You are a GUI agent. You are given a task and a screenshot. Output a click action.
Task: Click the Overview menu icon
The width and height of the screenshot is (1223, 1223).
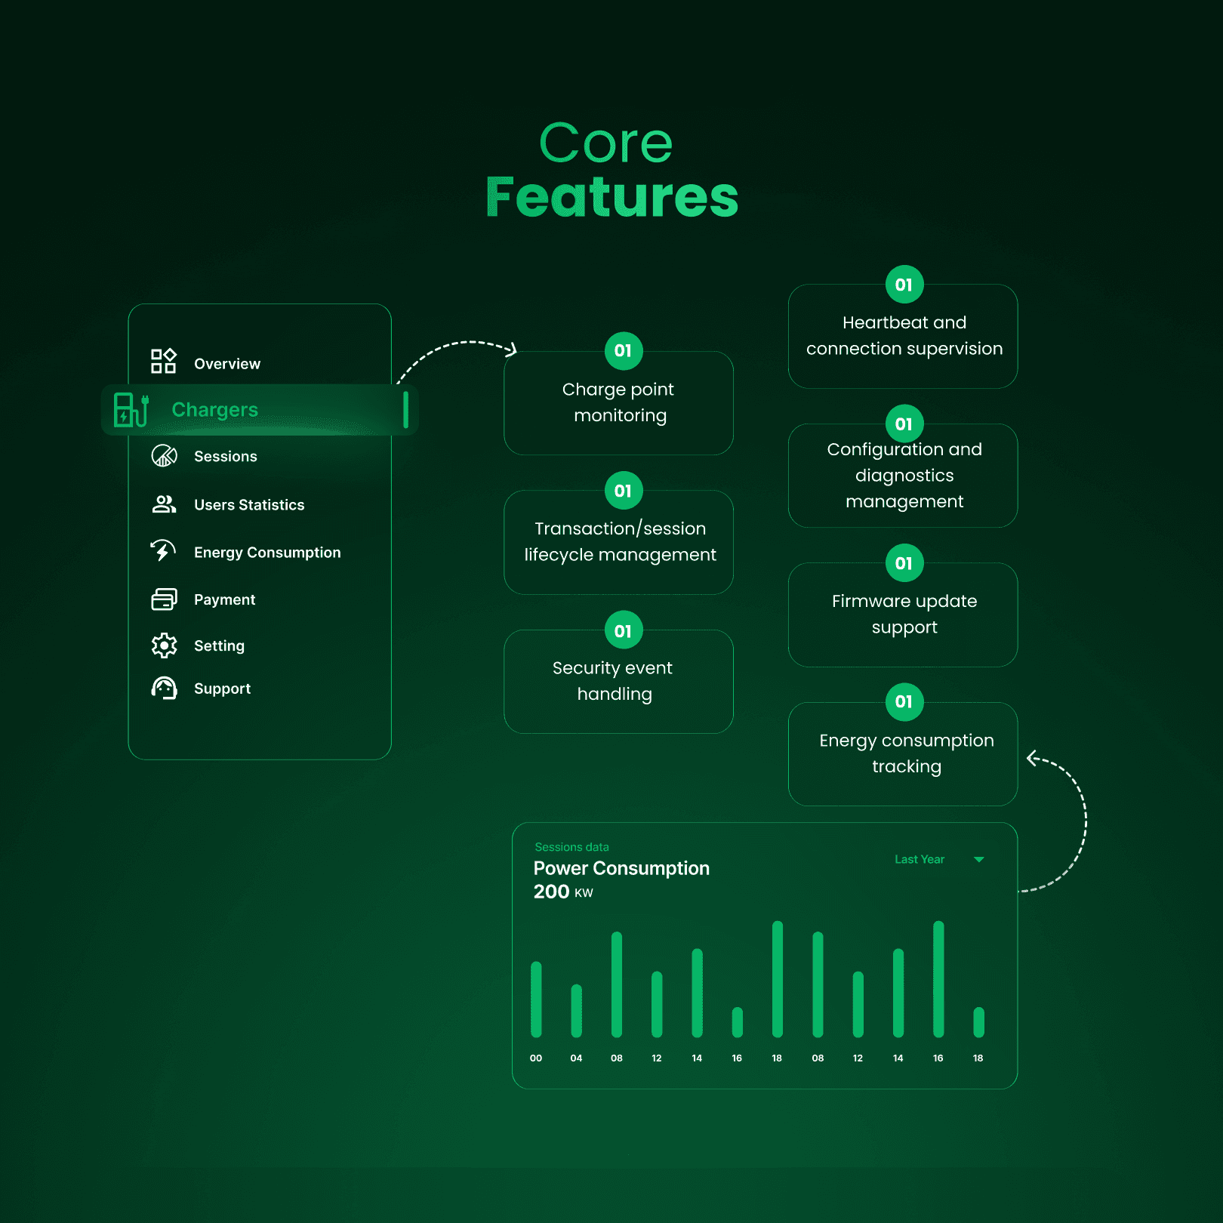[x=163, y=361]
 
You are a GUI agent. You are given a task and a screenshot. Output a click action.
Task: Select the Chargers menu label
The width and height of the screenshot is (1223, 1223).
[x=215, y=410]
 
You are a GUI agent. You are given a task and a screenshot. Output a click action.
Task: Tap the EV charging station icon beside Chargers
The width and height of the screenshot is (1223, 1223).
[x=131, y=410]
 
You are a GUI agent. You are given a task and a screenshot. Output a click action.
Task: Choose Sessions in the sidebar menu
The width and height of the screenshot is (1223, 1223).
[x=225, y=457]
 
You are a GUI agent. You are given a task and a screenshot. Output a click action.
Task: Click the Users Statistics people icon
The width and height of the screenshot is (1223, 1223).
[x=164, y=504]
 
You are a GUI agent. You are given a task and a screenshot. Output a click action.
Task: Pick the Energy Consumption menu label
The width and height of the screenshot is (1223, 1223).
[x=267, y=553]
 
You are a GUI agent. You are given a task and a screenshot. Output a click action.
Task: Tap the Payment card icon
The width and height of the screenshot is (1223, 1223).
[x=164, y=599]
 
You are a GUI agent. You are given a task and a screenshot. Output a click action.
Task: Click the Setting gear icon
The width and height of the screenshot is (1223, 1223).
[x=164, y=645]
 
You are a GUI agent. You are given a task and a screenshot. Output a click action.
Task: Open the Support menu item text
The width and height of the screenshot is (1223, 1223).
[x=222, y=689]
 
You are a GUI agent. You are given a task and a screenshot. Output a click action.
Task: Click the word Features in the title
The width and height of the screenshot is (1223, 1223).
[x=611, y=197]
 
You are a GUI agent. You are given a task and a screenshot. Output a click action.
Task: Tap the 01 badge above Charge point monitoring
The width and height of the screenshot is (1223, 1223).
[x=623, y=351]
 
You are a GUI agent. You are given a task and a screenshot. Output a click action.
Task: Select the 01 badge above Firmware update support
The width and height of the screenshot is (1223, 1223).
[x=904, y=563]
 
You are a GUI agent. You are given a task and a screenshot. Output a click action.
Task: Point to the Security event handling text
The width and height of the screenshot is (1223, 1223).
[x=613, y=681]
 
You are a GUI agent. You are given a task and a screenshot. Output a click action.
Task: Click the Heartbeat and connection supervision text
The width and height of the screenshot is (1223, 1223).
[x=904, y=336]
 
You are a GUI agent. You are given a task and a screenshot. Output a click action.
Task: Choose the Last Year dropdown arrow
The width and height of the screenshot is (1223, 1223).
[x=978, y=860]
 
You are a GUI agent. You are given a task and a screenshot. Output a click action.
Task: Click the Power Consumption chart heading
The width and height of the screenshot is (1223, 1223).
[x=621, y=868]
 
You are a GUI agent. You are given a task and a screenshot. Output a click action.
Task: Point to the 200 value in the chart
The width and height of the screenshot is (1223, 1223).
[x=551, y=892]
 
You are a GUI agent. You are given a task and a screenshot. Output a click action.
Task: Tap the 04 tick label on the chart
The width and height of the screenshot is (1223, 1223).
[x=576, y=1058]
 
